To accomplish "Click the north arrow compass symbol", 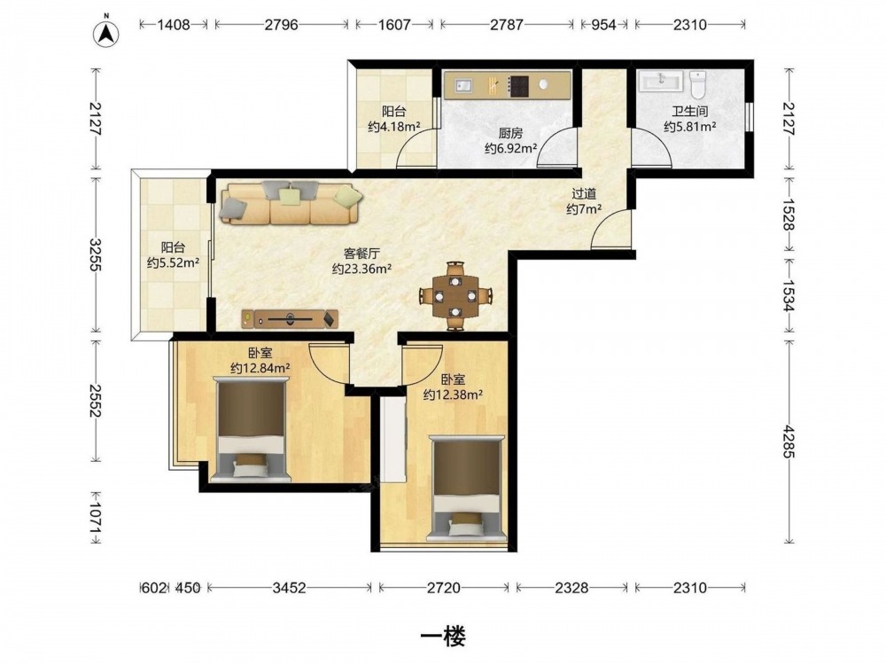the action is [x=105, y=34].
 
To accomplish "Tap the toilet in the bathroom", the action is [x=698, y=84].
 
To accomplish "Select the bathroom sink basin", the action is [x=661, y=81].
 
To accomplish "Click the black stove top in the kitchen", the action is [x=519, y=86].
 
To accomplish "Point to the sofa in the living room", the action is [x=291, y=202].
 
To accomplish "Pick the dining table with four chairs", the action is [x=455, y=295].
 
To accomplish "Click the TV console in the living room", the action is [x=290, y=319].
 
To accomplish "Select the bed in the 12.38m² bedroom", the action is [x=467, y=488].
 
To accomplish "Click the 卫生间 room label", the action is [x=689, y=112].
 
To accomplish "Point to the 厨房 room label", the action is [x=510, y=134].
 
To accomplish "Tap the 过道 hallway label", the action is [x=584, y=194].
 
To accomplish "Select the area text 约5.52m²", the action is [x=173, y=262].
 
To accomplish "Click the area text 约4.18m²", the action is [x=394, y=127].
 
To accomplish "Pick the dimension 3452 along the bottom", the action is [x=289, y=588].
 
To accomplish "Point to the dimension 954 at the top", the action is [x=603, y=25].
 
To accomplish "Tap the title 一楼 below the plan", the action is [x=443, y=638].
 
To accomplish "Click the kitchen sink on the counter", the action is [x=464, y=85].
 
